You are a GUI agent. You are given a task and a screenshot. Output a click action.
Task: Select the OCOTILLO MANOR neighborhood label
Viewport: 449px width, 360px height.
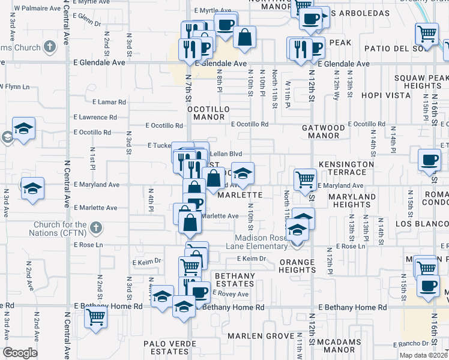click(x=209, y=113)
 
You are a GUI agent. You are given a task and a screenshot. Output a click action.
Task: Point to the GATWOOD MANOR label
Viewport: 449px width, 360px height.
click(x=324, y=132)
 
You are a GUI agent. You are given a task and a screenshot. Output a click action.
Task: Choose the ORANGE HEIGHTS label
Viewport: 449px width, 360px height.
click(x=297, y=266)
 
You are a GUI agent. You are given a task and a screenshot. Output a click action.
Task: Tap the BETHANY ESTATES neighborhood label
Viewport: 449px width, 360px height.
click(x=235, y=280)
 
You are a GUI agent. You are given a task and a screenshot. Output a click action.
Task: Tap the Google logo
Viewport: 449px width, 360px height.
click(x=20, y=353)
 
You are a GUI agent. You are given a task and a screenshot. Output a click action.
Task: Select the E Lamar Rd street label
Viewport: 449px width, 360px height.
click(x=109, y=102)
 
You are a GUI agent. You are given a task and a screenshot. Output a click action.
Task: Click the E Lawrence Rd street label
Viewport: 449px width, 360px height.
click(x=100, y=117)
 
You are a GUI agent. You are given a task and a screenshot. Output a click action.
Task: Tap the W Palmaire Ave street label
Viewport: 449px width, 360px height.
click(x=37, y=9)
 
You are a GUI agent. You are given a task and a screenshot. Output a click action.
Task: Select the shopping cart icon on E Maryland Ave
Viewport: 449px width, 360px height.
click(x=305, y=178)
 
